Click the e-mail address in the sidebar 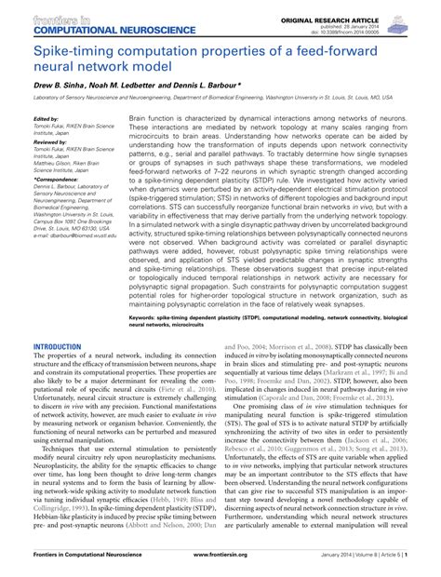[x=74, y=236]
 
